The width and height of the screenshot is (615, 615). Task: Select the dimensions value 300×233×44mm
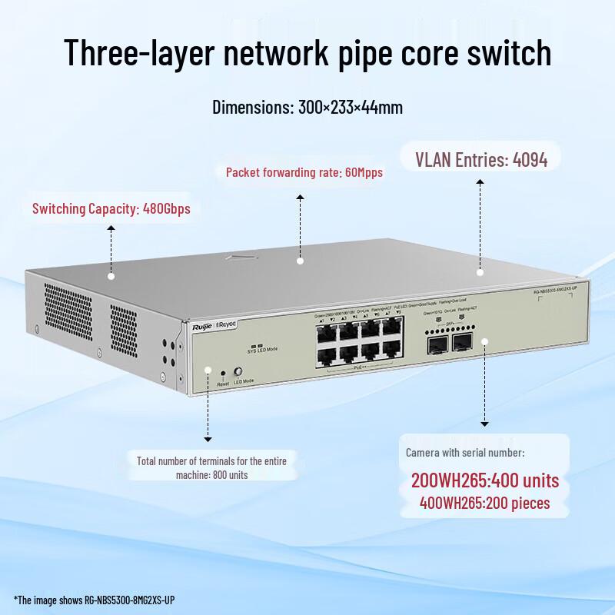(x=350, y=107)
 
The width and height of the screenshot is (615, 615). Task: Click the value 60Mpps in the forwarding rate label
(x=361, y=173)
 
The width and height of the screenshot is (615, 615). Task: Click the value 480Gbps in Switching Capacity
(x=167, y=208)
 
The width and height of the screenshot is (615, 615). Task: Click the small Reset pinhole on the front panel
(x=223, y=373)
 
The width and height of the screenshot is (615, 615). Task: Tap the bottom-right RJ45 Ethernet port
(x=393, y=357)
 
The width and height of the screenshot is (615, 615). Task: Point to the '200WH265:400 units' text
(x=484, y=482)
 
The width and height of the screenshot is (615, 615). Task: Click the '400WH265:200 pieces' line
(x=484, y=504)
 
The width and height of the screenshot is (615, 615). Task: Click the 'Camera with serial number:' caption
(x=465, y=453)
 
